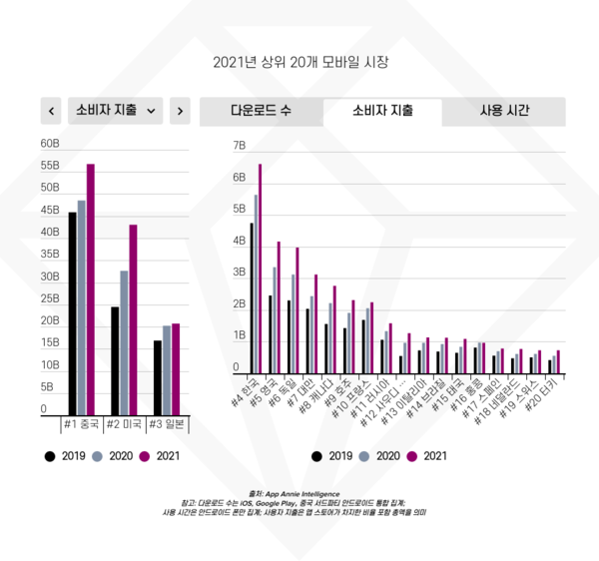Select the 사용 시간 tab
[504, 111]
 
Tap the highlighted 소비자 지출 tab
[382, 111]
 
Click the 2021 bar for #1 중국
[90, 289]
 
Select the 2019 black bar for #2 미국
[116, 360]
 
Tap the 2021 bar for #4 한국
[260, 270]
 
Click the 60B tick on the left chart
[50, 144]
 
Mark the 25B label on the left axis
[50, 299]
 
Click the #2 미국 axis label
[124, 424]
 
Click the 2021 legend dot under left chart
[144, 456]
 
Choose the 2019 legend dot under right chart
[317, 456]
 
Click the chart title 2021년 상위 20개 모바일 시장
[299, 62]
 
